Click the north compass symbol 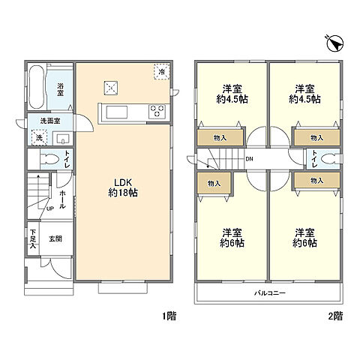(x=335, y=44)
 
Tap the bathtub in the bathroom (x=37, y=87)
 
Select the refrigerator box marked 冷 (x=162, y=72)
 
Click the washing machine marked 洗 (x=39, y=137)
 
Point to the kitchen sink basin (x=117, y=112)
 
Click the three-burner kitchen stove (x=157, y=111)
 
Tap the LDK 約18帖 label (x=123, y=187)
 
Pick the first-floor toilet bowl (x=49, y=159)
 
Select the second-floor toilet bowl (x=331, y=159)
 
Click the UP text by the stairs (x=50, y=208)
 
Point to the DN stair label (x=249, y=159)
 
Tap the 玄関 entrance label (x=55, y=238)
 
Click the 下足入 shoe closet (x=33, y=239)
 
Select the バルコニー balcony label (x=270, y=292)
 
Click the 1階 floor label (x=169, y=316)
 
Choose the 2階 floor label (x=335, y=316)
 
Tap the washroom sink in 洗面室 (x=63, y=138)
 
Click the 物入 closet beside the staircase (x=214, y=183)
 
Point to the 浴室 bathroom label (x=60, y=90)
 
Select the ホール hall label (x=62, y=199)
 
